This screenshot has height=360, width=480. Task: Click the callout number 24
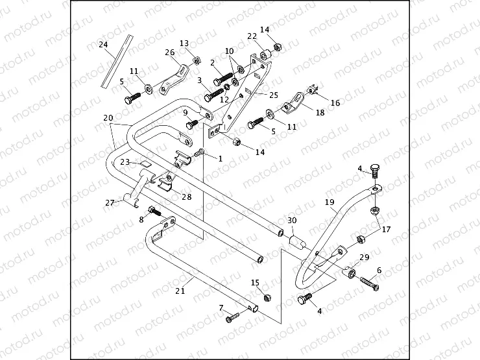[102, 44]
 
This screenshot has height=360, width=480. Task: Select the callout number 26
[169, 52]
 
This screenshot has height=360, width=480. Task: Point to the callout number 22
[252, 36]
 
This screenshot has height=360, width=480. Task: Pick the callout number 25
[256, 95]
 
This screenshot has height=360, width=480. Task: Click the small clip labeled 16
[313, 89]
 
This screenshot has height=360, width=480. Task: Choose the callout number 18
[302, 112]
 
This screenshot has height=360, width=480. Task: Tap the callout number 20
[108, 118]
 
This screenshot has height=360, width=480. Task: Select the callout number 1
[220, 158]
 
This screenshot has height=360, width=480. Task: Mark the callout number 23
[125, 162]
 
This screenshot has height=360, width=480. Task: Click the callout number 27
[109, 202]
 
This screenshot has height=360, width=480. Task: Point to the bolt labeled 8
[154, 210]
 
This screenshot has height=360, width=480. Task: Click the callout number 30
[292, 221]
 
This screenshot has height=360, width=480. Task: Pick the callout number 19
[330, 202]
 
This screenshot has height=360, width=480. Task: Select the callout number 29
[364, 258]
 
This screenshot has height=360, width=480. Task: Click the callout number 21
[180, 291]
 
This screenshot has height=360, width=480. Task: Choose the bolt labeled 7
[233, 318]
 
